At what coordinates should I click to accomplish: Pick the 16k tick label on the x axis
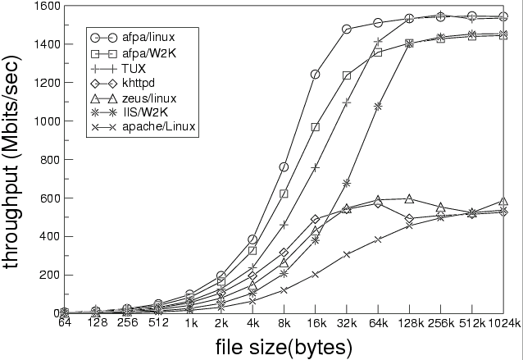(x=315, y=323)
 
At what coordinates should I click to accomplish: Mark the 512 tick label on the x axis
(x=158, y=323)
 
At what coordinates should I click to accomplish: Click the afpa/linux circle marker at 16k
(x=315, y=75)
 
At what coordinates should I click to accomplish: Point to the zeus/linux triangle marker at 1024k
(x=503, y=201)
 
